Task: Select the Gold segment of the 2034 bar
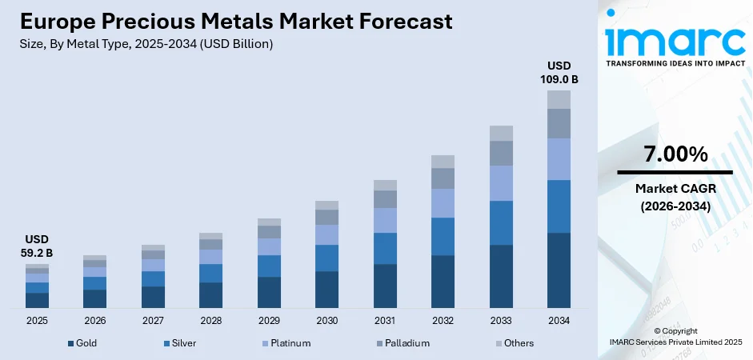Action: [x=559, y=270]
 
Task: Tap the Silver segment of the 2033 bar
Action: [x=501, y=222]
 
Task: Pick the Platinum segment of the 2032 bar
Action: [x=443, y=203]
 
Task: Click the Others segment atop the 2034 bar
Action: [x=559, y=99]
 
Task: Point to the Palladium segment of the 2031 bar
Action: [x=385, y=199]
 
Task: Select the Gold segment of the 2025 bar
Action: [x=37, y=300]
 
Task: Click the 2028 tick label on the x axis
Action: [x=210, y=320]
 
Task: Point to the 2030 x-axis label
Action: [x=326, y=320]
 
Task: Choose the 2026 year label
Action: [x=94, y=320]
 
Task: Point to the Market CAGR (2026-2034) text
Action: [x=675, y=197]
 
